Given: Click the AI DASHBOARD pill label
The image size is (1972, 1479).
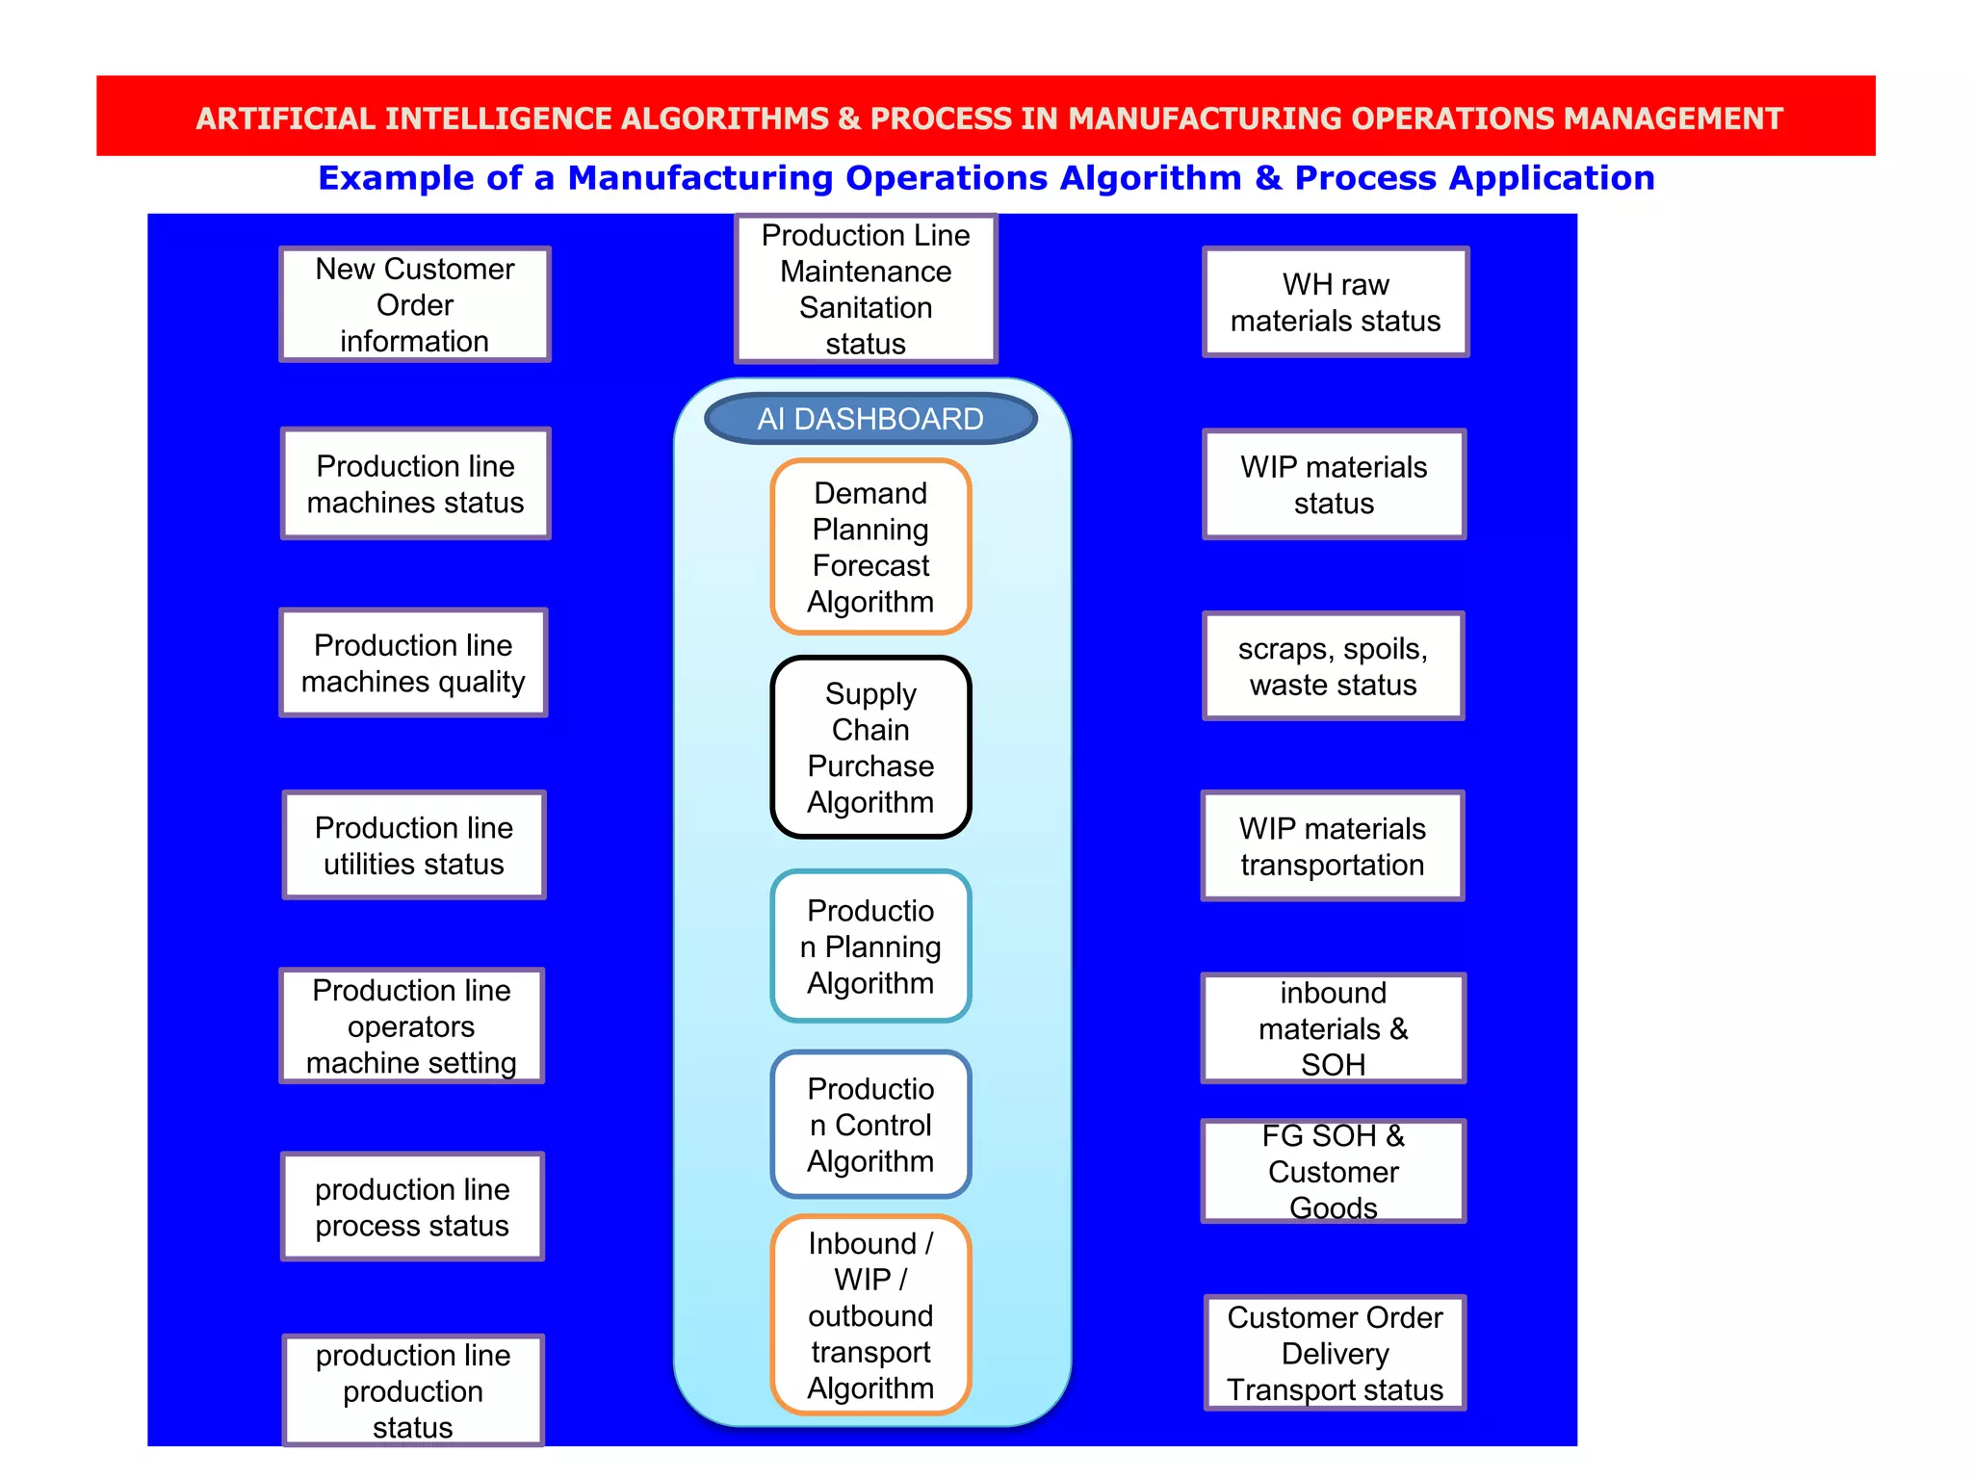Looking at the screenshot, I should [870, 419].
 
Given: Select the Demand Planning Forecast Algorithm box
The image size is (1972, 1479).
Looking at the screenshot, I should [870, 547].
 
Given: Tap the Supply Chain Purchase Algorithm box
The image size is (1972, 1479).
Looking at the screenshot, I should [870, 747].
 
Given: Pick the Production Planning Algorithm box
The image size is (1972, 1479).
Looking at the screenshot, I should [870, 947].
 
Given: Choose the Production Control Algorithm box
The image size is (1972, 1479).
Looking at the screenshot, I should [870, 1125].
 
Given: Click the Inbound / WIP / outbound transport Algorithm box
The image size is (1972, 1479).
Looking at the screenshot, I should [870, 1315].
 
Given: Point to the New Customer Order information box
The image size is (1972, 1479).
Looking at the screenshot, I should [415, 304].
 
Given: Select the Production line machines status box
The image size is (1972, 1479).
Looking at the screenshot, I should [415, 483].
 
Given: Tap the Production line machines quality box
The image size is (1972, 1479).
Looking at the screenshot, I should [413, 662].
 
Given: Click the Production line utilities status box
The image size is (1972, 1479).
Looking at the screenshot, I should [414, 845].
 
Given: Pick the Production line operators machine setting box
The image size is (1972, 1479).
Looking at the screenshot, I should [412, 1025].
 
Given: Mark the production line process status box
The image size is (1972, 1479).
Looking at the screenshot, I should [412, 1207].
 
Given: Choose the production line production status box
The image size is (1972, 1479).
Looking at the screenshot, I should [413, 1389].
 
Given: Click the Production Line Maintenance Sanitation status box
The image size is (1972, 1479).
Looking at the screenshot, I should [866, 289].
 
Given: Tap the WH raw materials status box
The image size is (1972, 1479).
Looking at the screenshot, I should [1336, 302].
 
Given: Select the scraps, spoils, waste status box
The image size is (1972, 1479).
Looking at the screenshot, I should [1334, 666].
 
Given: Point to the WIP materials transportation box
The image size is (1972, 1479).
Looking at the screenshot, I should [1333, 846].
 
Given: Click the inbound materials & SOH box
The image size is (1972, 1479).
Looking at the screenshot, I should [1334, 1028].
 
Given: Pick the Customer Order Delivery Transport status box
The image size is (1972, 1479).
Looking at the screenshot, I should [1335, 1353].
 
